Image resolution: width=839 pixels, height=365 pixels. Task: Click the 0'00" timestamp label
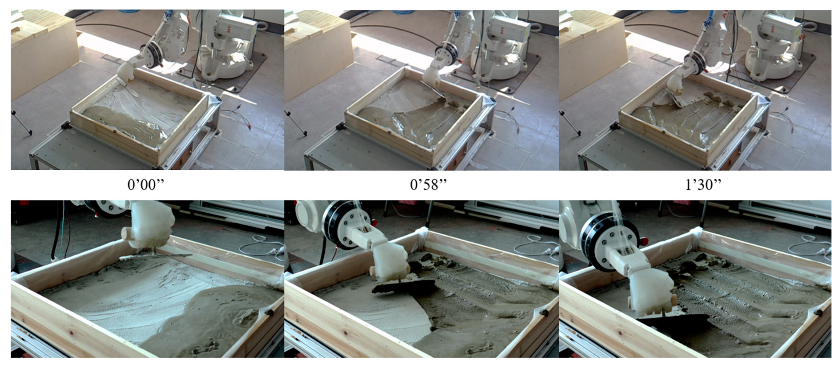click(x=146, y=185)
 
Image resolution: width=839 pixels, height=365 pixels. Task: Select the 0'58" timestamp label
click(x=428, y=185)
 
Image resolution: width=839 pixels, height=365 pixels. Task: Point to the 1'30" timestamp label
click(x=703, y=185)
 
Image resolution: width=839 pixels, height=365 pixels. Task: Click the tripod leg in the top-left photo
click(x=22, y=122)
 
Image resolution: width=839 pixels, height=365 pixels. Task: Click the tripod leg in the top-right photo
click(x=570, y=122)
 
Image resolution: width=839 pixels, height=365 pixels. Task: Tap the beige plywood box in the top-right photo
click(x=591, y=49)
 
